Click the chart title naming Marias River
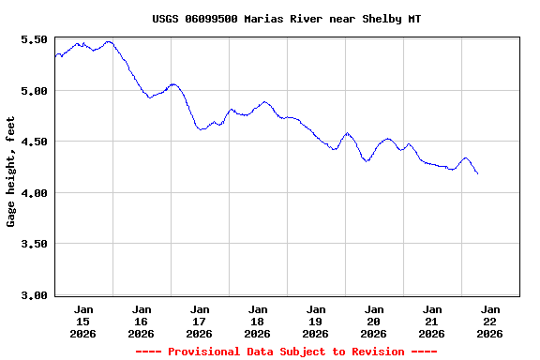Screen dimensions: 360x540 (286, 18)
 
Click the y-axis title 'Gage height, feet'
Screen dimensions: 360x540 (11, 172)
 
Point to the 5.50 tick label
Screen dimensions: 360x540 (34, 39)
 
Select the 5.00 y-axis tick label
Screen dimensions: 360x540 (34, 91)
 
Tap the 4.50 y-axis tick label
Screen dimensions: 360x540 (34, 142)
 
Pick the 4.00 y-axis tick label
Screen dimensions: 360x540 (34, 193)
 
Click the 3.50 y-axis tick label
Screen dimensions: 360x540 (34, 244)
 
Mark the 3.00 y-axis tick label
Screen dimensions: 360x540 (34, 295)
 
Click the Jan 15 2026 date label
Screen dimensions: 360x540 (83, 321)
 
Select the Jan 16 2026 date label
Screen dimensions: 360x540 (142, 321)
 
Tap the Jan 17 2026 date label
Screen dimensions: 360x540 (200, 321)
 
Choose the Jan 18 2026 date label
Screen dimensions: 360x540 (258, 321)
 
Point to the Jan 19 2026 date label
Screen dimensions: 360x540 (316, 321)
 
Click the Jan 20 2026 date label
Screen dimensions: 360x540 (374, 321)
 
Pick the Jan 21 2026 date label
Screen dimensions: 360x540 (432, 321)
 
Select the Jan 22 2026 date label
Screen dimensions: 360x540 (490, 321)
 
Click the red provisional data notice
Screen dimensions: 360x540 (286, 352)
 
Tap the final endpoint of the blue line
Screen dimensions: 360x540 (477, 173)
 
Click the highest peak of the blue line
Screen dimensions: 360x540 (109, 41)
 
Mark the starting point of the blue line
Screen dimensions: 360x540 (55, 58)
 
